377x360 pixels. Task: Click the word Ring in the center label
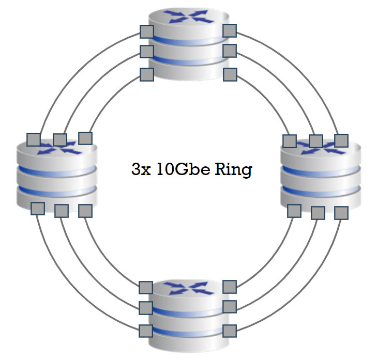click(233, 170)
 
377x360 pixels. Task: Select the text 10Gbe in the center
click(183, 169)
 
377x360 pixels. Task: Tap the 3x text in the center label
click(141, 169)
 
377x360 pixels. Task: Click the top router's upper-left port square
click(147, 32)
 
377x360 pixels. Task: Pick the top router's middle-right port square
click(230, 51)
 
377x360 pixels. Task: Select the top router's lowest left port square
click(147, 74)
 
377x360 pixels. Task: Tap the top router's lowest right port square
click(230, 74)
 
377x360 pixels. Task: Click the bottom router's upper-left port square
click(146, 288)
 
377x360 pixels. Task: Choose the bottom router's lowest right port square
click(230, 331)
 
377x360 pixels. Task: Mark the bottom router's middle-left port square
click(146, 308)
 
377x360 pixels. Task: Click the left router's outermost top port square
click(34, 139)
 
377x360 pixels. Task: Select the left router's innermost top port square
click(85, 138)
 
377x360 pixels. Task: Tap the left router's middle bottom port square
click(62, 211)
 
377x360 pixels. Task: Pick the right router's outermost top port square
click(341, 140)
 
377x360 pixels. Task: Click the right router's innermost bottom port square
click(294, 211)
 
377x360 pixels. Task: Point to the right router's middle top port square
click(316, 141)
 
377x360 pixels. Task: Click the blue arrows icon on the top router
click(189, 17)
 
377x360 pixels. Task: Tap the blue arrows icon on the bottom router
click(189, 288)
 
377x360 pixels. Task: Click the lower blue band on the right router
click(321, 191)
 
